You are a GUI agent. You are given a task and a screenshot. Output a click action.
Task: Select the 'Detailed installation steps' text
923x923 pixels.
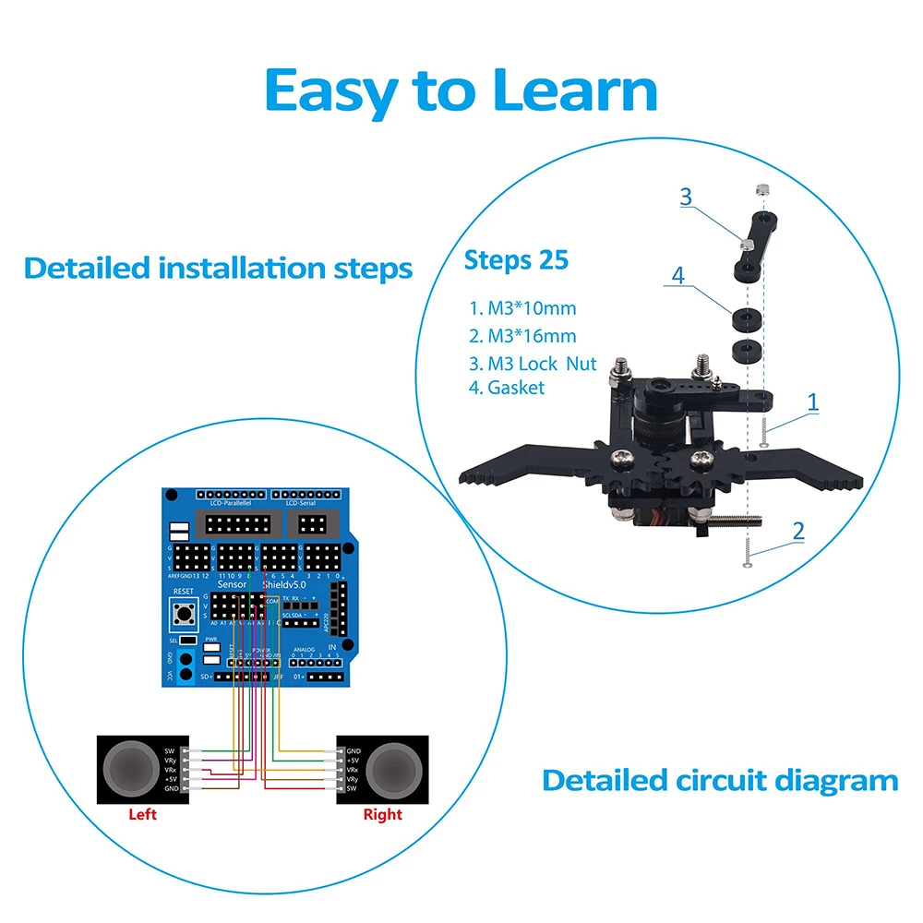click(x=218, y=269)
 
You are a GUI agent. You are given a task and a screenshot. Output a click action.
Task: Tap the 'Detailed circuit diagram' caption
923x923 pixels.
click(x=720, y=780)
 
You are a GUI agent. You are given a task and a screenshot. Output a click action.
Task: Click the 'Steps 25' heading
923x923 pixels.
click(x=516, y=260)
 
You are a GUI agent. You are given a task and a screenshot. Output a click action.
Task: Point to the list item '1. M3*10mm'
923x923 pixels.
click(x=522, y=308)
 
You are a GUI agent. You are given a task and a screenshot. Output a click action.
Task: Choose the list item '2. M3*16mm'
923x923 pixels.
click(x=522, y=335)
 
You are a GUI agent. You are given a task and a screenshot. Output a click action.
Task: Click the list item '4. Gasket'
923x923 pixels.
click(x=507, y=388)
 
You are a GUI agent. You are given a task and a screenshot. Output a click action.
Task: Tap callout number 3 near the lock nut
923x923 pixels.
click(x=685, y=197)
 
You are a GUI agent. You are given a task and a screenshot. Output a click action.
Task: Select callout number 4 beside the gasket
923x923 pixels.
click(x=679, y=275)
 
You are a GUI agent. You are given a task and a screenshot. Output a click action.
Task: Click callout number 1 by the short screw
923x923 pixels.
click(x=812, y=402)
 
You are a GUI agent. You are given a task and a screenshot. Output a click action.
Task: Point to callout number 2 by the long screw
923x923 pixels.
click(x=798, y=531)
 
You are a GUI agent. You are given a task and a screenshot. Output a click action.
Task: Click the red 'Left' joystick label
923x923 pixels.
click(x=143, y=814)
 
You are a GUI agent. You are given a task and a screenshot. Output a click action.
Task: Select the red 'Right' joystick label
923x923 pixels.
click(x=382, y=814)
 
